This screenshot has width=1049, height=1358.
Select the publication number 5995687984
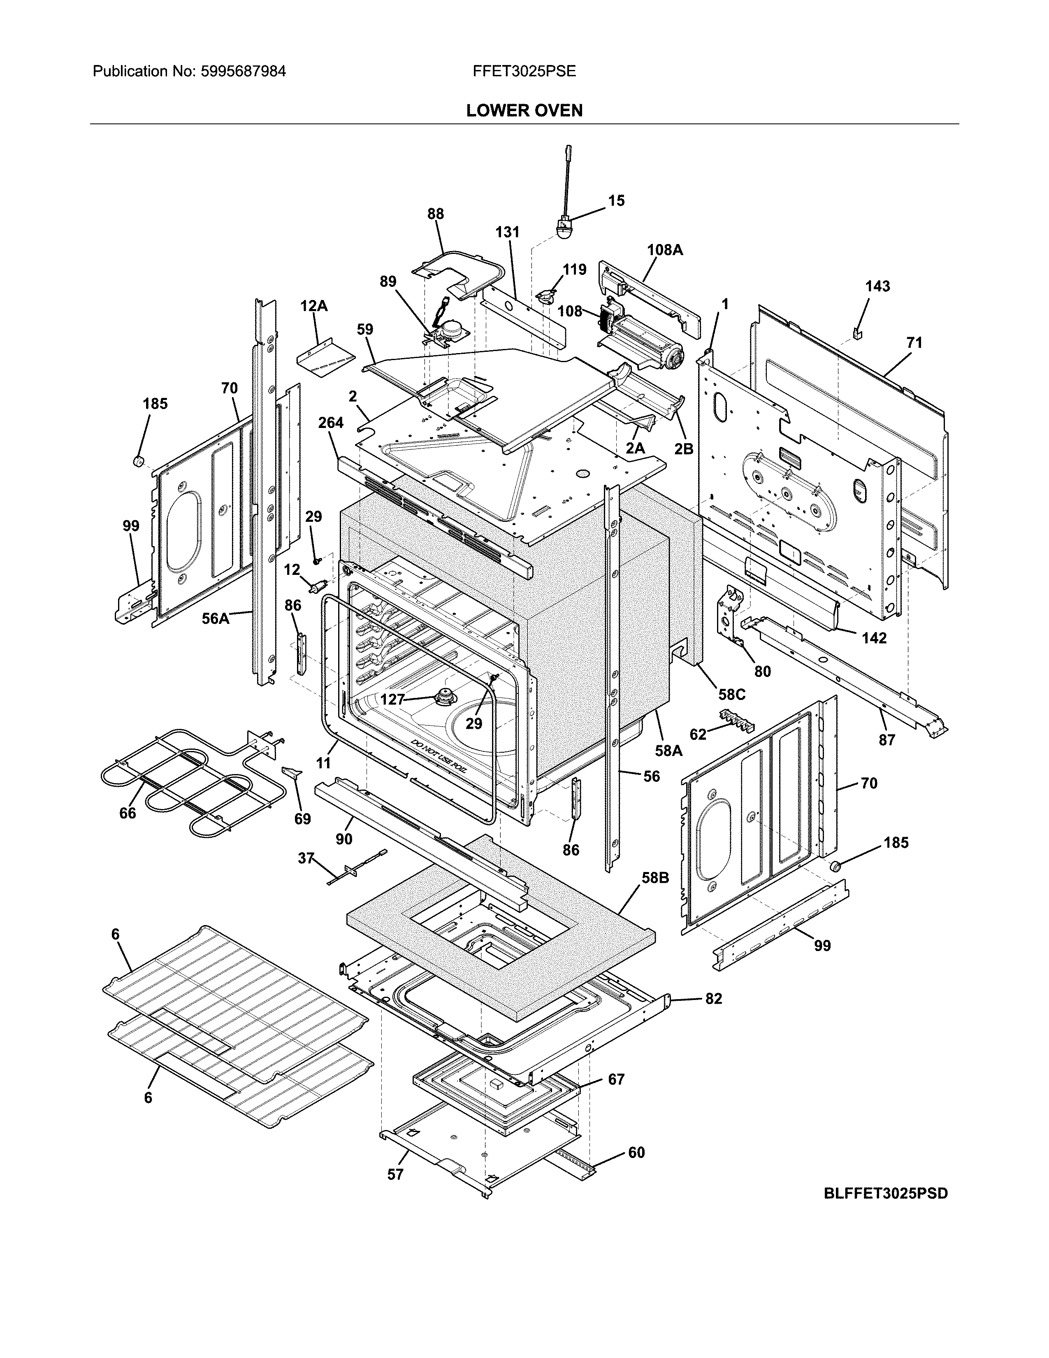click(243, 72)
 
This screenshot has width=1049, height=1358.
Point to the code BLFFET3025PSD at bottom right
click(886, 1193)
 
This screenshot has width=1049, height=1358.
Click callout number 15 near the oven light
click(616, 201)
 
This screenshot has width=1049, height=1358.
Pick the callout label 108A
click(664, 250)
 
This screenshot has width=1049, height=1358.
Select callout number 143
click(877, 287)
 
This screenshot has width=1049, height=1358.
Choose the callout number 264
click(331, 423)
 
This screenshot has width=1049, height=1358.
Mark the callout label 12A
click(314, 306)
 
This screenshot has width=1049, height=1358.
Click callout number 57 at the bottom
click(395, 1174)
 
